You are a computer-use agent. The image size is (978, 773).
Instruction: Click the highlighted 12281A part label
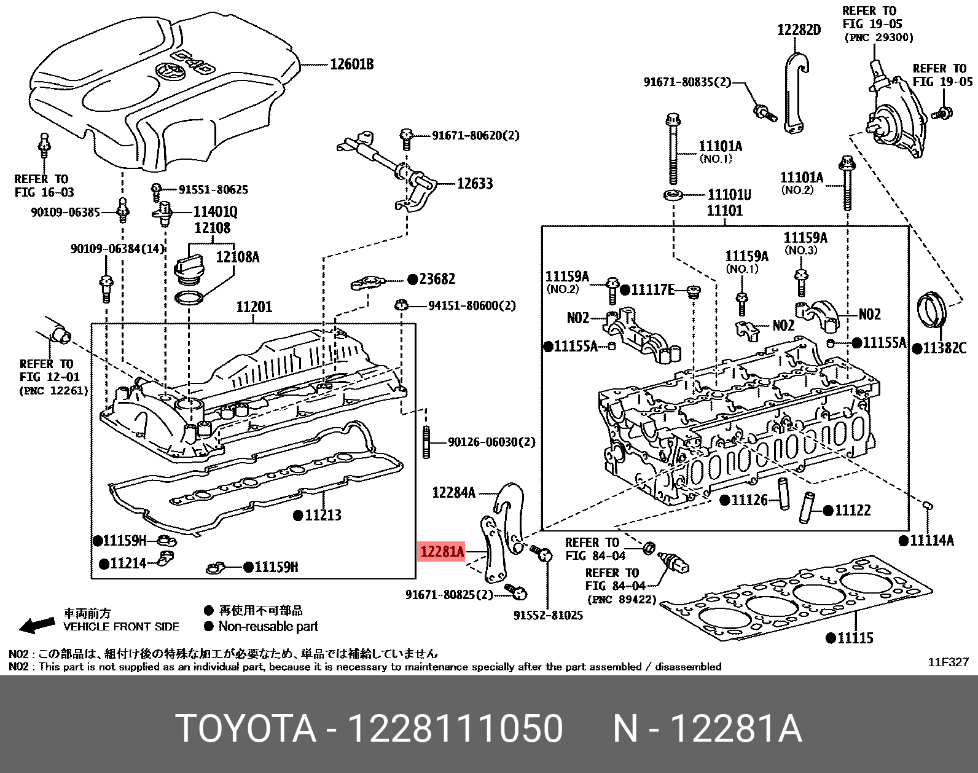pyautogui.click(x=441, y=552)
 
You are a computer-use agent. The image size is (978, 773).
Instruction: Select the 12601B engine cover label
pyautogui.click(x=351, y=64)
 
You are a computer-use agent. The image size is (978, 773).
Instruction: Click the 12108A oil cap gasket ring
pyautogui.click(x=189, y=299)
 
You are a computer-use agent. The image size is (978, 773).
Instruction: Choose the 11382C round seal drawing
pyautogui.click(x=932, y=315)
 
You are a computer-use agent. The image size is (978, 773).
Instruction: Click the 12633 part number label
pyautogui.click(x=474, y=183)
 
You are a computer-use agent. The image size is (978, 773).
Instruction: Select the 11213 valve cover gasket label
pyautogui.click(x=323, y=515)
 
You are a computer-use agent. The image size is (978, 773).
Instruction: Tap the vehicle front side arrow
pyautogui.click(x=37, y=626)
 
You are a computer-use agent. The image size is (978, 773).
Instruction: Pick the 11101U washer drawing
pyautogui.click(x=673, y=195)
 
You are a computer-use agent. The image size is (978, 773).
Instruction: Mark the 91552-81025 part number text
pyautogui.click(x=548, y=614)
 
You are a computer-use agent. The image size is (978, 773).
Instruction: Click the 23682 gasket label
pyautogui.click(x=437, y=279)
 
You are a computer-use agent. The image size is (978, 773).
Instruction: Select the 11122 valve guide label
pyautogui.click(x=853, y=510)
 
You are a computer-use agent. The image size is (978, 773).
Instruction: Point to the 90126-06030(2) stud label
pyautogui.click(x=491, y=442)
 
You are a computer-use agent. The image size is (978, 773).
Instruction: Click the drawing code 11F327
pyautogui.click(x=947, y=662)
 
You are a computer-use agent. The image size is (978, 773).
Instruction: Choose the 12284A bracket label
pyautogui.click(x=453, y=492)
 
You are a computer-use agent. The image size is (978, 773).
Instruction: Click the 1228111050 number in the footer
pyautogui.click(x=455, y=729)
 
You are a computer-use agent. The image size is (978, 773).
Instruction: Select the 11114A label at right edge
pyautogui.click(x=931, y=541)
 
